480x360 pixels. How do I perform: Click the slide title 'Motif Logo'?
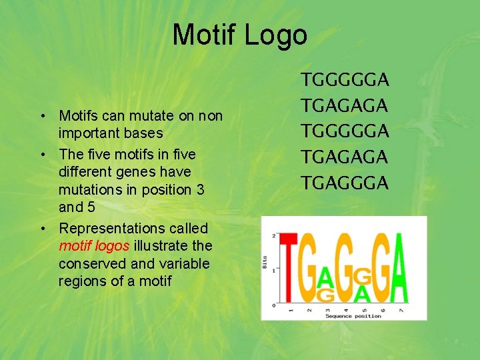pyautogui.click(x=239, y=35)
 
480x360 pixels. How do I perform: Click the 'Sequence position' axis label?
pyautogui.click(x=353, y=316)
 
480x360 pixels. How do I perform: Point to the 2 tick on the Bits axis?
pyautogui.click(x=273, y=236)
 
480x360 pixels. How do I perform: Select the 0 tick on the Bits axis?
pyautogui.click(x=273, y=305)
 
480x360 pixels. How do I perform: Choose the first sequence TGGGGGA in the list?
pyautogui.click(x=345, y=81)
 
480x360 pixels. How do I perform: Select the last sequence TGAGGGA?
pyautogui.click(x=345, y=183)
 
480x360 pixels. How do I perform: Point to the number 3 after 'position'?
pyautogui.click(x=200, y=189)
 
